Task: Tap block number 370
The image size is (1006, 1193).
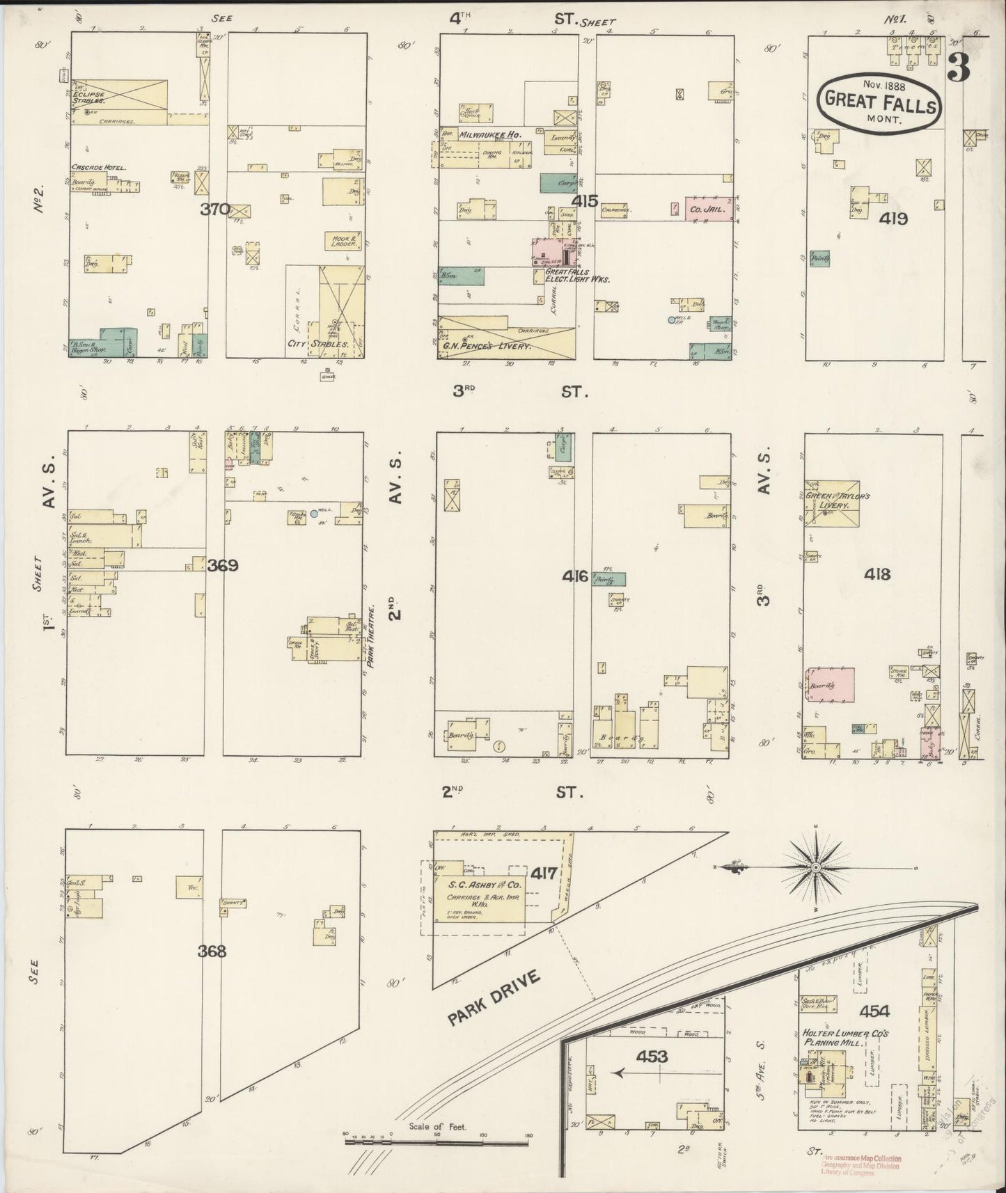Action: [215, 209]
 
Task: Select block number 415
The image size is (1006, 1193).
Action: [585, 202]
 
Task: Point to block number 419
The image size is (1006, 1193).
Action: [893, 219]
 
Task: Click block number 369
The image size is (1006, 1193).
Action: [223, 565]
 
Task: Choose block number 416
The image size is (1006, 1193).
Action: [576, 576]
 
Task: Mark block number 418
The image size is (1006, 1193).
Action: [877, 574]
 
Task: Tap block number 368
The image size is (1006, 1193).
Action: [212, 951]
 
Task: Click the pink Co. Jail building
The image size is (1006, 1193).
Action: [708, 208]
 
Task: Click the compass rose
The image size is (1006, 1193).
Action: [815, 867]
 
